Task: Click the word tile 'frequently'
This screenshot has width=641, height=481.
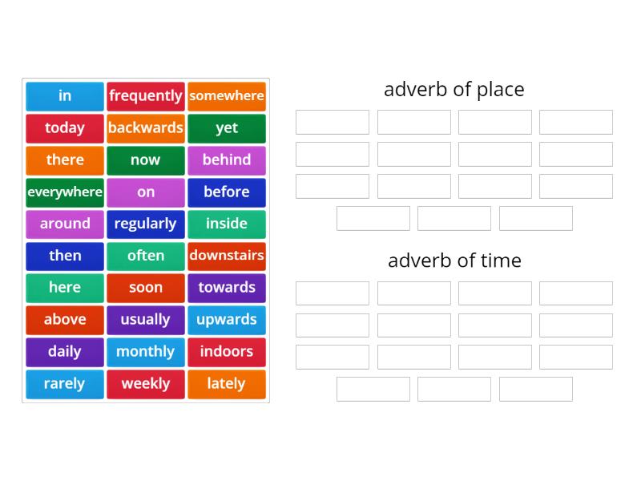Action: click(x=146, y=96)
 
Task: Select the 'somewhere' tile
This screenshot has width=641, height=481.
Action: click(x=227, y=96)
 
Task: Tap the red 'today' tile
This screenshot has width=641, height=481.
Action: click(x=65, y=128)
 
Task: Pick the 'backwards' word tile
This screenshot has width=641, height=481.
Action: click(x=146, y=128)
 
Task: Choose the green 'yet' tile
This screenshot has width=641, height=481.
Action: click(x=227, y=128)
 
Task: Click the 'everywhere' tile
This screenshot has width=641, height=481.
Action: click(x=65, y=192)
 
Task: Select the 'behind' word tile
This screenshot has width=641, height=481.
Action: click(x=227, y=160)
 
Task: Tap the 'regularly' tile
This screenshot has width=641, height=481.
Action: click(x=146, y=224)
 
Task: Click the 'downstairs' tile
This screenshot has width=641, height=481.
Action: click(x=227, y=256)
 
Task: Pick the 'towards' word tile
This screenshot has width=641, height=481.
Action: click(x=227, y=288)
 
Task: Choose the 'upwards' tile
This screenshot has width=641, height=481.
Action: click(x=227, y=320)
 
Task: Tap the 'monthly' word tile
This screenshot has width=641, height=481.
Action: click(x=146, y=352)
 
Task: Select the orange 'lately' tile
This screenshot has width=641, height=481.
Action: click(x=227, y=384)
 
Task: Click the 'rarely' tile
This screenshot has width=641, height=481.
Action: click(x=65, y=384)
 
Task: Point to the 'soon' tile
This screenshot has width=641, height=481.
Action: click(x=146, y=288)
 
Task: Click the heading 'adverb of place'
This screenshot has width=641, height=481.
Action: click(x=454, y=89)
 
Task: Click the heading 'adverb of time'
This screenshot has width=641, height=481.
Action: click(x=454, y=261)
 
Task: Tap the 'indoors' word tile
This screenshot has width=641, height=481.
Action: click(x=227, y=352)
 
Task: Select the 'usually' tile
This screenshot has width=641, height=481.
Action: click(x=146, y=320)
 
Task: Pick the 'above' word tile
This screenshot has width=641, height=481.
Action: click(x=65, y=320)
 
